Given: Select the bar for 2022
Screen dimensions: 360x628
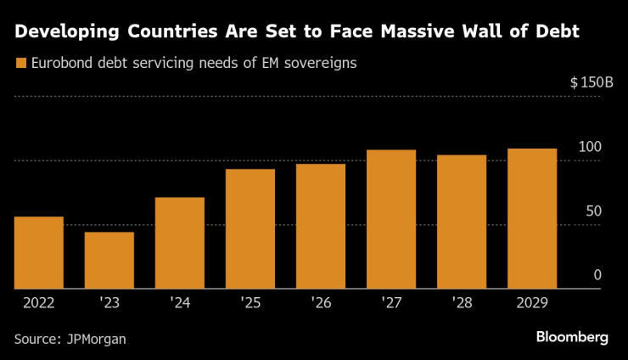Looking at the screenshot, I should [39, 253].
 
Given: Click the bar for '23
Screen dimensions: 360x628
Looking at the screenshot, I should [109, 261].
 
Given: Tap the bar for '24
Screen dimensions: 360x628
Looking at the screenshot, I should [180, 244].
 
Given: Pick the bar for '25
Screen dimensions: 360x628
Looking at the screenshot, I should [250, 229].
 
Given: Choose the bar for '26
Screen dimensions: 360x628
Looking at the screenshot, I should [321, 227].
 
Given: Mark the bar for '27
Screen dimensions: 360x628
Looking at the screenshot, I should [391, 220].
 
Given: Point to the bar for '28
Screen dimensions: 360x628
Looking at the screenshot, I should [462, 222].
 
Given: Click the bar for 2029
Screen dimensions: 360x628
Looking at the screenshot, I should [532, 219].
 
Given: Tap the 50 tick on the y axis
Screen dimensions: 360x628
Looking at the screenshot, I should [593, 211].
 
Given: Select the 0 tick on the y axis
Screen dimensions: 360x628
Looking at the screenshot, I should [597, 275].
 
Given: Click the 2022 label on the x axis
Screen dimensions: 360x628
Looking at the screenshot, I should [39, 302].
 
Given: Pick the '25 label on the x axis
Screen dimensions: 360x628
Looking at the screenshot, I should [250, 302].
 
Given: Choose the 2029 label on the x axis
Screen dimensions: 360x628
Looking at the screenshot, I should [532, 302].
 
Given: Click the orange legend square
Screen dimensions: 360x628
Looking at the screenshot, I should [20, 63].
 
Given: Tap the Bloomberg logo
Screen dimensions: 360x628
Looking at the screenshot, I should [572, 337].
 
